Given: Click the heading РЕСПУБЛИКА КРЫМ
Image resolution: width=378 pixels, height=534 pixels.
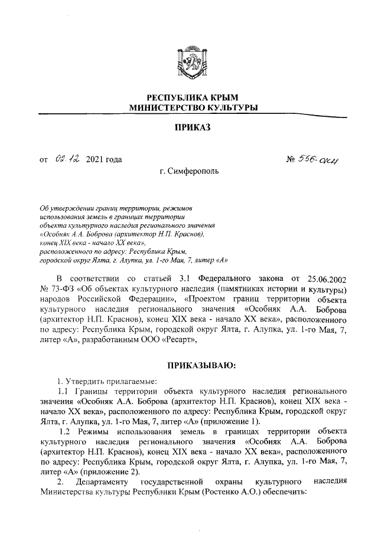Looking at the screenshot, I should [x=189, y=97].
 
